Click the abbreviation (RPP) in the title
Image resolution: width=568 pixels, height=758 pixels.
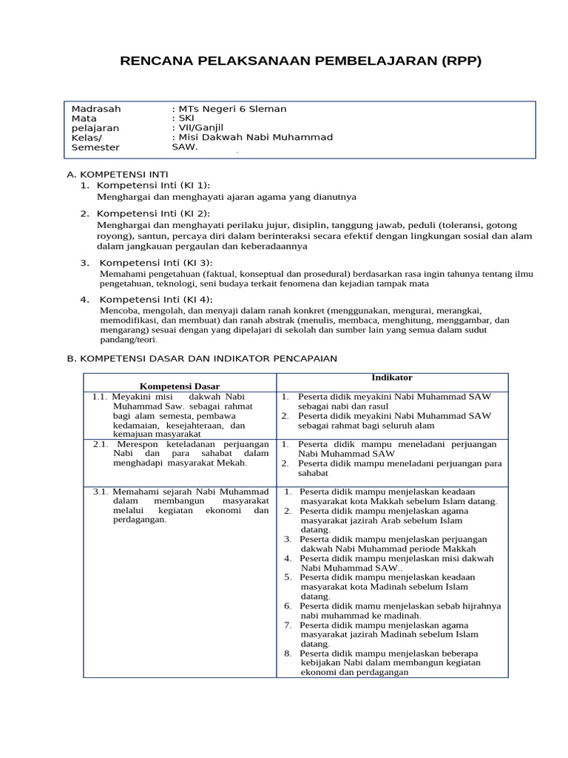click(461, 61)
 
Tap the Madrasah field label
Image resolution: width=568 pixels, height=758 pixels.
click(96, 109)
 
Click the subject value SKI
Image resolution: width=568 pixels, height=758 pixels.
click(186, 118)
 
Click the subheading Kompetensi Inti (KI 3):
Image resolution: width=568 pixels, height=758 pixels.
click(155, 263)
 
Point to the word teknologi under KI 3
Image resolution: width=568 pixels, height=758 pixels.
click(173, 284)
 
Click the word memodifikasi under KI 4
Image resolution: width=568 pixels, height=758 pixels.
click(126, 321)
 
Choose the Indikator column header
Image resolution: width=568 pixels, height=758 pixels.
click(391, 378)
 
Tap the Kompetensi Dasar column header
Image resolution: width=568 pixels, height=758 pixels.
click(180, 386)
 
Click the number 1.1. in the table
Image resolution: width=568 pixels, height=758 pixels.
click(101, 397)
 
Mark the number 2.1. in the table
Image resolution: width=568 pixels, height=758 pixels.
click(101, 444)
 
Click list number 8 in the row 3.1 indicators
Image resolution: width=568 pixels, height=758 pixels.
click(288, 654)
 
